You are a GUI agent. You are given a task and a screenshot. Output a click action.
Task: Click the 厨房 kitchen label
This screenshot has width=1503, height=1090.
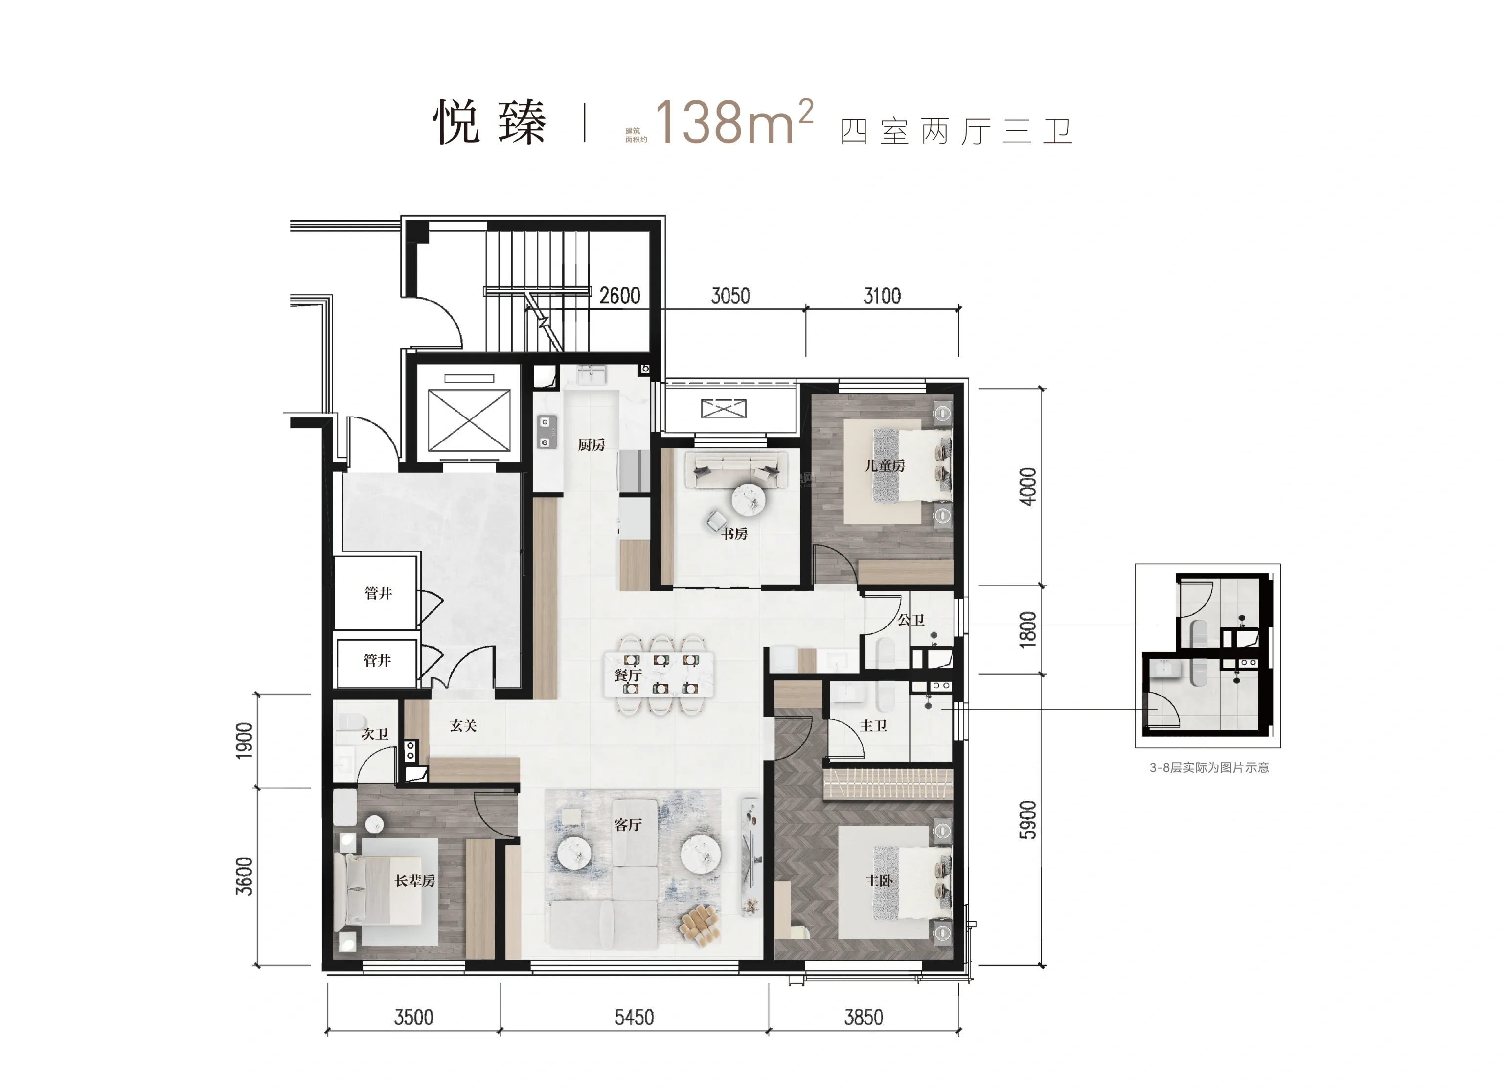point(591,445)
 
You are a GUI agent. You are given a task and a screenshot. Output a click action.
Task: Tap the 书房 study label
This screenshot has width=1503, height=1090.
point(734,533)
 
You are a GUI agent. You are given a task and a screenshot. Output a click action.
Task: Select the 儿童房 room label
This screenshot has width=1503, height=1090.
point(885,465)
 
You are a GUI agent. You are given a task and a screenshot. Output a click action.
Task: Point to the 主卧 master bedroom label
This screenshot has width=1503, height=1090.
point(879,881)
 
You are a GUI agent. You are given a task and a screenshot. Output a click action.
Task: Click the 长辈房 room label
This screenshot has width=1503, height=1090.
point(415,881)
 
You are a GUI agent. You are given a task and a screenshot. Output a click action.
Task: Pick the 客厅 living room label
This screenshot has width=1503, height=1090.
point(628,825)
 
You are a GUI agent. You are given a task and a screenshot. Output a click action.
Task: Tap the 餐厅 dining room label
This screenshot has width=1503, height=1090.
point(628,675)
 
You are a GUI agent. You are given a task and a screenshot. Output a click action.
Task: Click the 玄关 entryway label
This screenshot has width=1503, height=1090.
point(463,726)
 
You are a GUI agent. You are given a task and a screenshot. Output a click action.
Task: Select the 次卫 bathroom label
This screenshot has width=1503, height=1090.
point(375,734)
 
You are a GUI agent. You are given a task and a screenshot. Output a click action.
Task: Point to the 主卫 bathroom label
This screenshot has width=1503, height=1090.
point(873,726)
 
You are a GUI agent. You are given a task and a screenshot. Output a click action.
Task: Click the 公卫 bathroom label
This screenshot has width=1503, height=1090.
point(911,620)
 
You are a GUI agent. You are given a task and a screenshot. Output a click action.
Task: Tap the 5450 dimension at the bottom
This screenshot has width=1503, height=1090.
point(634,1017)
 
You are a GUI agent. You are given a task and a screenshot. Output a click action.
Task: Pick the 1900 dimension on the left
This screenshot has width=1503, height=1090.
point(245,741)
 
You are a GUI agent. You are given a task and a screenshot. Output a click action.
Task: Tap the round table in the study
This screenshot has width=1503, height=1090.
point(748,499)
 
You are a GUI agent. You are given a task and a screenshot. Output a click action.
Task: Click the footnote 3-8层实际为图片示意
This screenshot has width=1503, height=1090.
point(1209,768)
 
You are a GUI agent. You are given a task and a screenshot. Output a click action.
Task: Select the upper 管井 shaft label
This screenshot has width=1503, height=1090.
point(378,593)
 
